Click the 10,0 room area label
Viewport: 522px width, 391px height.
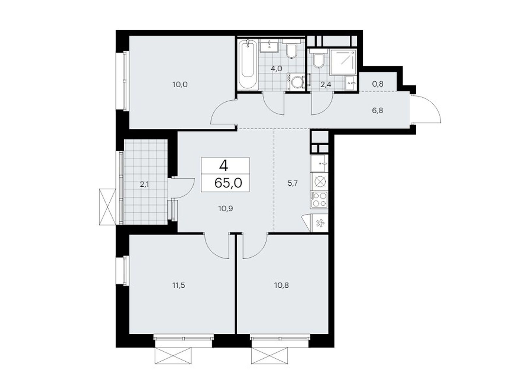point(180,85)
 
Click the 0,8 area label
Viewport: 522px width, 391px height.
point(377,84)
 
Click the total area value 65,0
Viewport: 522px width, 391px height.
point(228,183)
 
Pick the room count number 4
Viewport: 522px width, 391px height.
point(224,166)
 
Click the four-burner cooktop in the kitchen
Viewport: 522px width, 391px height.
point(319,199)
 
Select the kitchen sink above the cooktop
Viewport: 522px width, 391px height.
point(319,163)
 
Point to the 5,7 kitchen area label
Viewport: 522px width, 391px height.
point(293,183)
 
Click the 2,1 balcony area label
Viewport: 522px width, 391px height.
point(145,185)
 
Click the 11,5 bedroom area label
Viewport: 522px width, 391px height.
point(179,286)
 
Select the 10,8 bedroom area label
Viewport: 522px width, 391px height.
point(281,286)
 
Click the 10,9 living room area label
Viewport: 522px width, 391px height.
point(225,209)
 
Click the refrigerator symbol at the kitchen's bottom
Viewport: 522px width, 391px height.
point(320,223)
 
